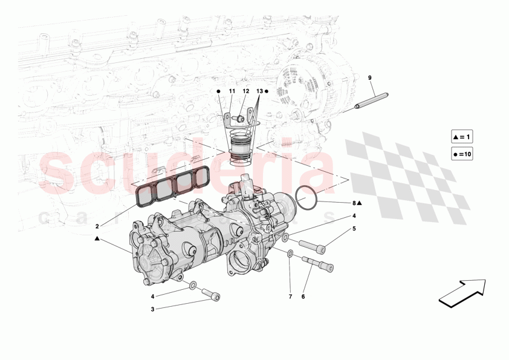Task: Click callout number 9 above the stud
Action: [x=369, y=77]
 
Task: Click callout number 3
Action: [x=153, y=309]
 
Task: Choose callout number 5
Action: [x=354, y=229]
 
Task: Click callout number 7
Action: [x=290, y=296]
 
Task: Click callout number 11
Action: [x=231, y=91]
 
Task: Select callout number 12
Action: [x=246, y=91]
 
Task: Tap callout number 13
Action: [x=260, y=91]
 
